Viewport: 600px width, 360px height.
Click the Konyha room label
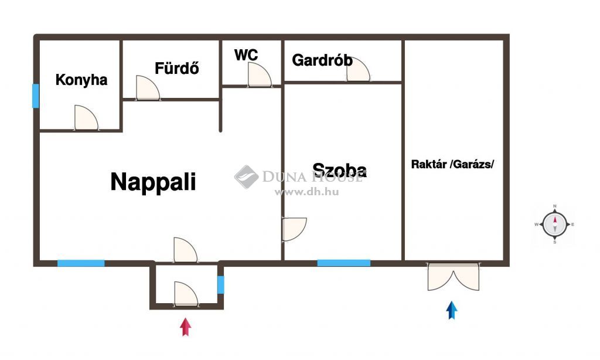[81, 80]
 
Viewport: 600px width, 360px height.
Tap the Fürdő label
[177, 68]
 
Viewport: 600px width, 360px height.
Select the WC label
[246, 55]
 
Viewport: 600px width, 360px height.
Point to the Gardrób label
[322, 60]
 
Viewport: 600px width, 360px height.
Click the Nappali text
[153, 182]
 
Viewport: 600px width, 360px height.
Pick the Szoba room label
[339, 170]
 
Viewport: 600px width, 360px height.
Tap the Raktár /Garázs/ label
[452, 164]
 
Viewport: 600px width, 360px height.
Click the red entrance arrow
[186, 327]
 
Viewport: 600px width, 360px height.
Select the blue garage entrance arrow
[452, 310]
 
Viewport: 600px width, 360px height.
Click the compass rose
[554, 225]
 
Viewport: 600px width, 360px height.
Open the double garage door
[454, 277]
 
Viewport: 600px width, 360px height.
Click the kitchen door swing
[86, 118]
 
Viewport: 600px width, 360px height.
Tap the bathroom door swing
[148, 88]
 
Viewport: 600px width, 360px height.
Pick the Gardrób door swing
[359, 69]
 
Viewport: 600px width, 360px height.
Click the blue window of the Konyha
[36, 96]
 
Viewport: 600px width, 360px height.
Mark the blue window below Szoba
[343, 263]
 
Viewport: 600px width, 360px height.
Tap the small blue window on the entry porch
[221, 285]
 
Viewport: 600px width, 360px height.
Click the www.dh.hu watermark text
[306, 192]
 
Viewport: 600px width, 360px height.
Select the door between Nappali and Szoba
[294, 229]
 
